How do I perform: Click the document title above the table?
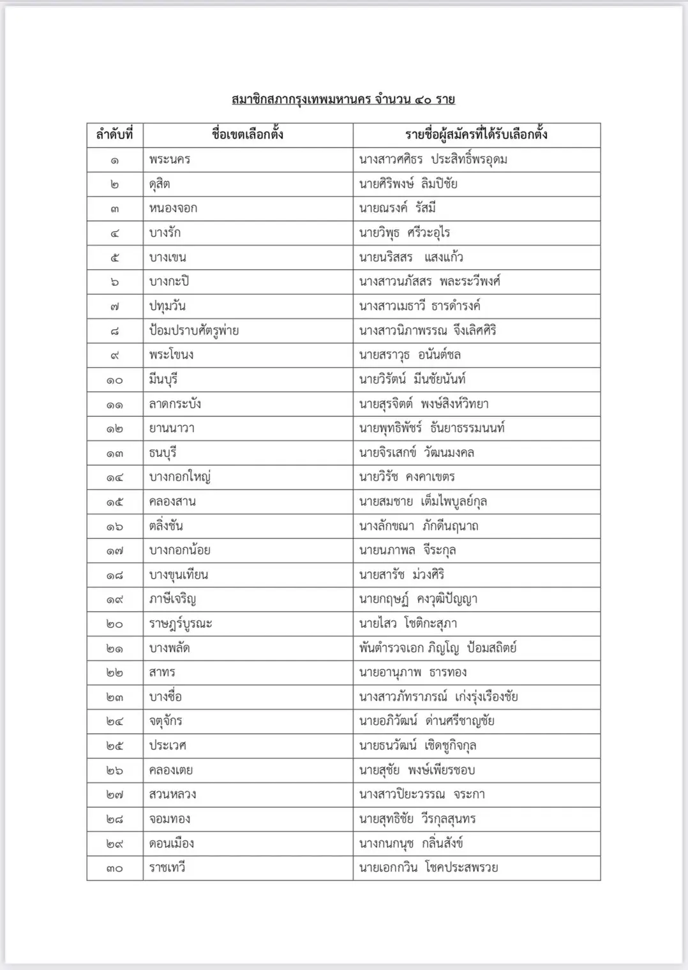coord(343,100)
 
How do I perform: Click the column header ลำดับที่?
coord(115,135)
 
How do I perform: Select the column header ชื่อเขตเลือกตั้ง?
coord(248,135)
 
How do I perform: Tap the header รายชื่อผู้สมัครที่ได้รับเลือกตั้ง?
coord(476,135)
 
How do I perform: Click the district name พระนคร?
coord(170,160)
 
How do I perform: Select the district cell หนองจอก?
coord(173,208)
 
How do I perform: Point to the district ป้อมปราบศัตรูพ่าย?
coord(194,331)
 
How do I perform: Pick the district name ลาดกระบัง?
coord(175,404)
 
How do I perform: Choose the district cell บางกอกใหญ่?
coord(180,477)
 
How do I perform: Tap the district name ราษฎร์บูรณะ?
coord(181,623)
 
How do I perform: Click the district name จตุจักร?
coord(166,721)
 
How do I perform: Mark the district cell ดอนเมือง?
coord(172,844)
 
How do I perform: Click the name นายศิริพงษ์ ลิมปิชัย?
coord(408,184)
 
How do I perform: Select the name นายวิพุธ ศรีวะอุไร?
coord(405,233)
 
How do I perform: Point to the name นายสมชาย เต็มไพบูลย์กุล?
coord(423,502)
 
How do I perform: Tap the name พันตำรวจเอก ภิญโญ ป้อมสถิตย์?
coord(438,648)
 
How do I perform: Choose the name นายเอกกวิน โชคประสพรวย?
coord(428,868)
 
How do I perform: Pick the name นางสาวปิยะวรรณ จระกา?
coord(422,795)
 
